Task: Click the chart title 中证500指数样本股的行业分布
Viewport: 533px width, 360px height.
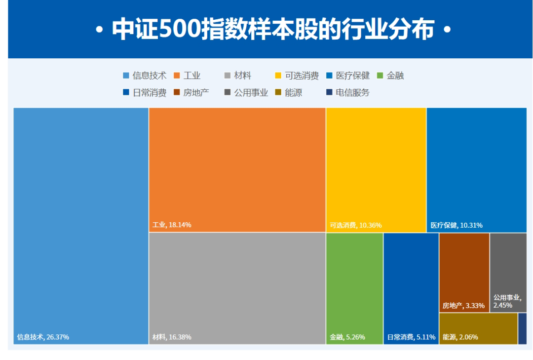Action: pyautogui.click(x=273, y=29)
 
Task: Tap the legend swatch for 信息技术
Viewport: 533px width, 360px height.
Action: pyautogui.click(x=126, y=76)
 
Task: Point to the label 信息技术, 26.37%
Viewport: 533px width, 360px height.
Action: pyautogui.click(x=43, y=337)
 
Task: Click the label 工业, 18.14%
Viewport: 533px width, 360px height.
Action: pyautogui.click(x=172, y=225)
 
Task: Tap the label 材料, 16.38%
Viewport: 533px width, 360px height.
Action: pyautogui.click(x=172, y=337)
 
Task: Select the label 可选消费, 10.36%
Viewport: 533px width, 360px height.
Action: pyautogui.click(x=355, y=225)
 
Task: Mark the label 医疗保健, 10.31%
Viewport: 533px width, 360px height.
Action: pyautogui.click(x=457, y=225)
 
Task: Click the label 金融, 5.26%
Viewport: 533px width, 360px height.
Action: pyautogui.click(x=347, y=337)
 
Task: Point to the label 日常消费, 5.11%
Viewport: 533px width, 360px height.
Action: pyautogui.click(x=411, y=337)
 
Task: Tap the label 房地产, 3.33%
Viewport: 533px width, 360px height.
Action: pyautogui.click(x=463, y=306)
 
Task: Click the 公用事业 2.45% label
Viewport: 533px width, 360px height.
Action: pyautogui.click(x=507, y=301)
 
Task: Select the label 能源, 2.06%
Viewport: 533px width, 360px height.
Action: pyautogui.click(x=460, y=337)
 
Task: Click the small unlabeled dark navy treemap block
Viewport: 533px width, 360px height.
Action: pyautogui.click(x=523, y=329)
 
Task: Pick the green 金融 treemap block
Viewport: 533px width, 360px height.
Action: pyautogui.click(x=354, y=288)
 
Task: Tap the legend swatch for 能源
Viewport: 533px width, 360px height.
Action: pyautogui.click(x=278, y=92)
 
